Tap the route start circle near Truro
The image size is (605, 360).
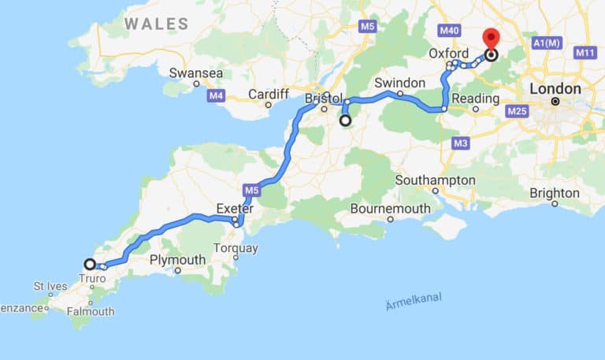90,265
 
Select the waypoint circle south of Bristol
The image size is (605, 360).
345,121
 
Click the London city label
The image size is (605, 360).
555,89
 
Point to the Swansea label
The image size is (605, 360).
196,73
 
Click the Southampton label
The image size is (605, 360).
436,180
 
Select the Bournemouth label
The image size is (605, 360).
391,209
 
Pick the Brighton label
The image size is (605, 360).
555,192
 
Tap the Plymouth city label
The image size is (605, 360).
177,259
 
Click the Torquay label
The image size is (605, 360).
236,248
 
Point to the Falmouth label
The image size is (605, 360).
91,311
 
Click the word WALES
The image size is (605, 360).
156,24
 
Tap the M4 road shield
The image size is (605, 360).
217,96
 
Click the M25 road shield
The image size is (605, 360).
517,112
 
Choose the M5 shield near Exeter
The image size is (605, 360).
251,190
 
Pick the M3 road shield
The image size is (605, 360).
461,143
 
